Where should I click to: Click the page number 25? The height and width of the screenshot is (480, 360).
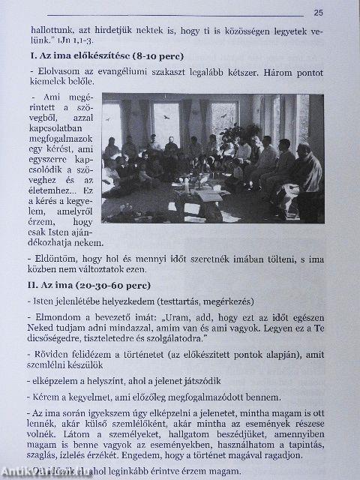tap(318, 12)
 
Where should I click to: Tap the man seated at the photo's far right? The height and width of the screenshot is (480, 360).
tap(307, 180)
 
